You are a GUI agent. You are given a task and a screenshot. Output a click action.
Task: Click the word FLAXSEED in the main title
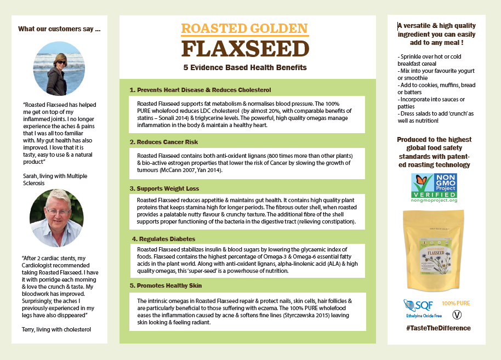[244, 49]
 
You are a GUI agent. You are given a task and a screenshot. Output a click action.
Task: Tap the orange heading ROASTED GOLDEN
[244, 28]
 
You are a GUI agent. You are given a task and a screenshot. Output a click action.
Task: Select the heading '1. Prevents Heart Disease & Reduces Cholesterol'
[200, 90]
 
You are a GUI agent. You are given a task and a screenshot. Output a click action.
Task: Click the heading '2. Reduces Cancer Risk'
[163, 142]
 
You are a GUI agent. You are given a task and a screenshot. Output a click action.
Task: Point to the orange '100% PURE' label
[456, 303]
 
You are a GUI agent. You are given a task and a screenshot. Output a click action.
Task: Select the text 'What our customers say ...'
[59, 29]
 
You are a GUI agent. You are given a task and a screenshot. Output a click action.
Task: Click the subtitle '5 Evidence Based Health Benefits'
[245, 67]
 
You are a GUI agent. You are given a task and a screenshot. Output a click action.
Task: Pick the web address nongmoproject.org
[434, 201]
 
